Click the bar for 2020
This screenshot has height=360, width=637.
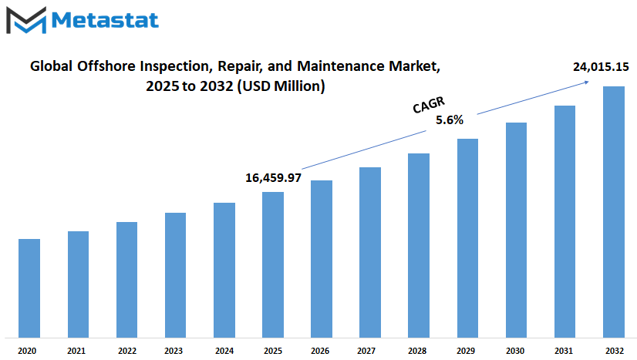29,288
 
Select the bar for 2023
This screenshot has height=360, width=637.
176,275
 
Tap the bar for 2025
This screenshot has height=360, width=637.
273,264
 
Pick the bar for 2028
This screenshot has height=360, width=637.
419,246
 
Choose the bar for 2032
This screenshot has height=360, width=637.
614,212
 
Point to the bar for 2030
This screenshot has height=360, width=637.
517,230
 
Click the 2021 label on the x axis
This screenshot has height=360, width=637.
76,351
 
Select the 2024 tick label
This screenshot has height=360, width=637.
224,351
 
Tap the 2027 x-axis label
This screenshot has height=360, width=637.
366,351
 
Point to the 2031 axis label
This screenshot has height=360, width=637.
564,351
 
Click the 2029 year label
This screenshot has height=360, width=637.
466,351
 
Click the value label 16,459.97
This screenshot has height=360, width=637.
274,178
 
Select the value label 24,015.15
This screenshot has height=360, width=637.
601,66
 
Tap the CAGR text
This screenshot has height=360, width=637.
429,105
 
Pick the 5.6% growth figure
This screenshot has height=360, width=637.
450,119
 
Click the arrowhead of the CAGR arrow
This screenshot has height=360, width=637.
586,82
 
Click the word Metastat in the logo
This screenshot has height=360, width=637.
105,20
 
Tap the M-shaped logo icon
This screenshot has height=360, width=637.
26,20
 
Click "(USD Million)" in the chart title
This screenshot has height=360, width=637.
281,86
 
